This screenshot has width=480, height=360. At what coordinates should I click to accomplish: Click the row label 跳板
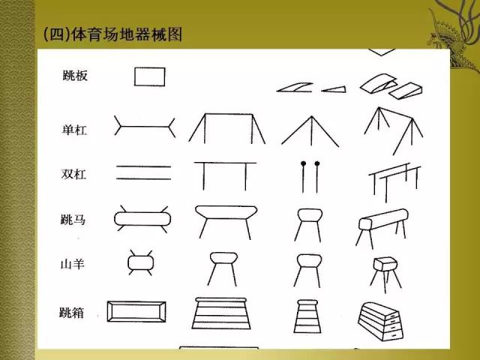[x=74, y=76]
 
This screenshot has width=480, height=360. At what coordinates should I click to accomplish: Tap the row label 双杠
[x=74, y=174]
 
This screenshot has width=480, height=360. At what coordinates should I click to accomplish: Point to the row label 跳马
[x=74, y=220]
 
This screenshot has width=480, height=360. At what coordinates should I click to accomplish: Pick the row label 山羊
[x=74, y=264]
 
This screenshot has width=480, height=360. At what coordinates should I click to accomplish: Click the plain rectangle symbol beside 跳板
[x=150, y=76]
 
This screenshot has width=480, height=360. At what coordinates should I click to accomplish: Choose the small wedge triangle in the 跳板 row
[x=335, y=88]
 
